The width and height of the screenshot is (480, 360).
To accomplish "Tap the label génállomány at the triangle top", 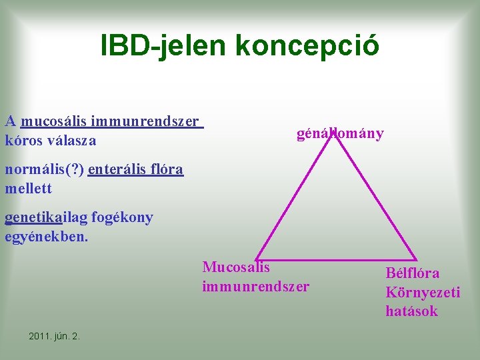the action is tap(340, 134).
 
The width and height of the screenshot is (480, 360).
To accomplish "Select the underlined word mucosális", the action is tap(54, 121).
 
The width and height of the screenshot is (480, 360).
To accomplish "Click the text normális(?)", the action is tap(44, 169).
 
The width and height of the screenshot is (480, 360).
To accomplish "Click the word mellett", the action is tap(28, 189).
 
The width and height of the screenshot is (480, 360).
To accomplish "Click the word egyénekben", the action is tap(46, 237).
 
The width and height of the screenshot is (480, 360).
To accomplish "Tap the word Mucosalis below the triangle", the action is tap(236, 267).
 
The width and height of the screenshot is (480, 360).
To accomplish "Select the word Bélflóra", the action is tap(413, 273).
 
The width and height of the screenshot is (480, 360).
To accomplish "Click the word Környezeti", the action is tap(423, 292).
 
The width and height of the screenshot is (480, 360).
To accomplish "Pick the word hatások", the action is tap(411, 311).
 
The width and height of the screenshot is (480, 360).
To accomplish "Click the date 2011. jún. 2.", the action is tap(55, 336).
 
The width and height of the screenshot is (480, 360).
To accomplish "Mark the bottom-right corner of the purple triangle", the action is tap(416, 259).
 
